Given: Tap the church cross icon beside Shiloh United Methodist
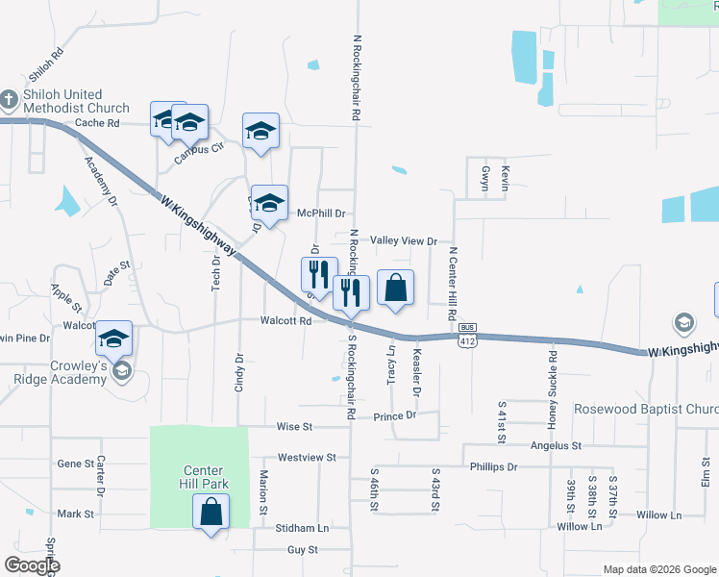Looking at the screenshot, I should pyautogui.click(x=8, y=99).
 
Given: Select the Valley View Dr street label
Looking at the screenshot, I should pyautogui.click(x=404, y=241).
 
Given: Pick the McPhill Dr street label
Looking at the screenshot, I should pyautogui.click(x=321, y=213).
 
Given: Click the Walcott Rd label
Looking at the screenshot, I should pyautogui.click(x=286, y=321).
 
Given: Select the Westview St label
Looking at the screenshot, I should pyautogui.click(x=307, y=458).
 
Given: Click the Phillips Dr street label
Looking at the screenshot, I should pyautogui.click(x=493, y=467).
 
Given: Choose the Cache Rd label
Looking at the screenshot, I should pyautogui.click(x=97, y=123).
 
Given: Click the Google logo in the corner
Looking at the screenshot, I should pyautogui.click(x=32, y=565).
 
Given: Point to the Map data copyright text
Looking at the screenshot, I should pyautogui.click(x=657, y=569).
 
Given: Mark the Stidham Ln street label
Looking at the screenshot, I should pyautogui.click(x=302, y=528).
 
